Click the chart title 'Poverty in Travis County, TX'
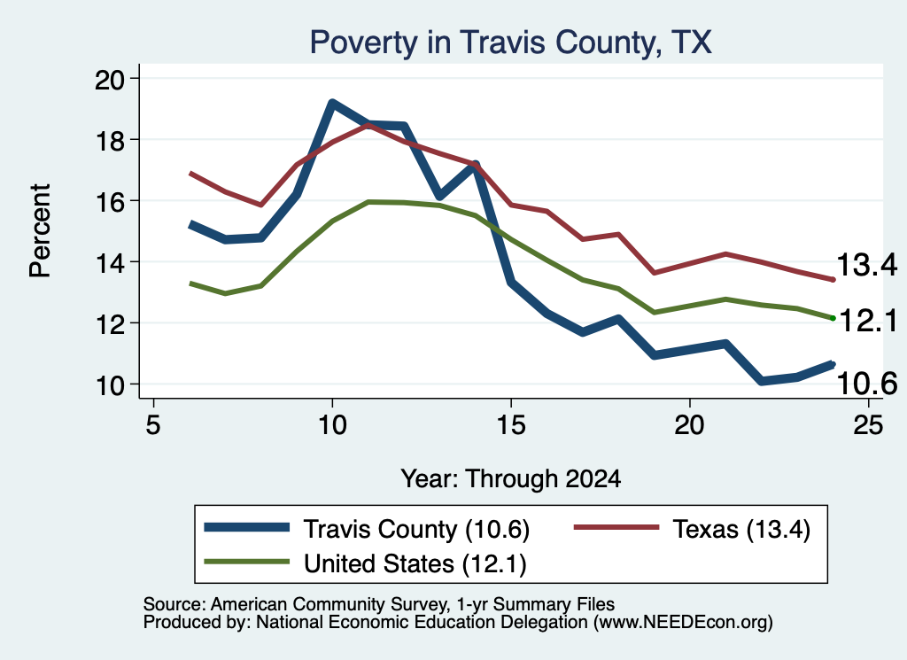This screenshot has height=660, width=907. coord(511,43)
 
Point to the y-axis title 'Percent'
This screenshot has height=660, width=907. coord(40,231)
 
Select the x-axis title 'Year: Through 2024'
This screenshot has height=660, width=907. coord(511,479)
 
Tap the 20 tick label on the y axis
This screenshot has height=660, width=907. coord(110,79)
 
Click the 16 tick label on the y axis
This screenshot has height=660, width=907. coord(110,201)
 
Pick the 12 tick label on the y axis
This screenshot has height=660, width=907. coord(110,324)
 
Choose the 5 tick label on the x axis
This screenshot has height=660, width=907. coord(152,424)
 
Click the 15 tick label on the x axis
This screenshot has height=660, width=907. coord(511,424)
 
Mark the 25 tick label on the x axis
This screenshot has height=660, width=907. coord(868,424)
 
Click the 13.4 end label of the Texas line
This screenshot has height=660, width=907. coord(867,265)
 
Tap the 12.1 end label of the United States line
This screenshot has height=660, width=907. coord(868,321)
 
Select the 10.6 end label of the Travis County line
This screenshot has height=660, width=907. coord(867,383)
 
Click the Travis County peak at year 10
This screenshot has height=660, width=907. coord(332,104)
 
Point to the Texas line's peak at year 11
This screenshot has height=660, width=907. coord(368,124)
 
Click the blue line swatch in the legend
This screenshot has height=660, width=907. coord(247,527)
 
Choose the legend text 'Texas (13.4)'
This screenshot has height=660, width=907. coord(741,529)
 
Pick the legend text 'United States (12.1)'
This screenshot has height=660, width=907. coord(415,563)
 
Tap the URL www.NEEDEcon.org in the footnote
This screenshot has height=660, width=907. coord(682,623)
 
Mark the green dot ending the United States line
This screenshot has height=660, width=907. coord(833,318)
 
